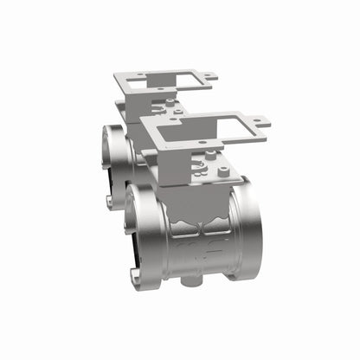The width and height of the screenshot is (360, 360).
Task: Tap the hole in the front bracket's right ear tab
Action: pos(258,124)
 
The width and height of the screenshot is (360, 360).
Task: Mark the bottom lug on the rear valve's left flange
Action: pos(111,201)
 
